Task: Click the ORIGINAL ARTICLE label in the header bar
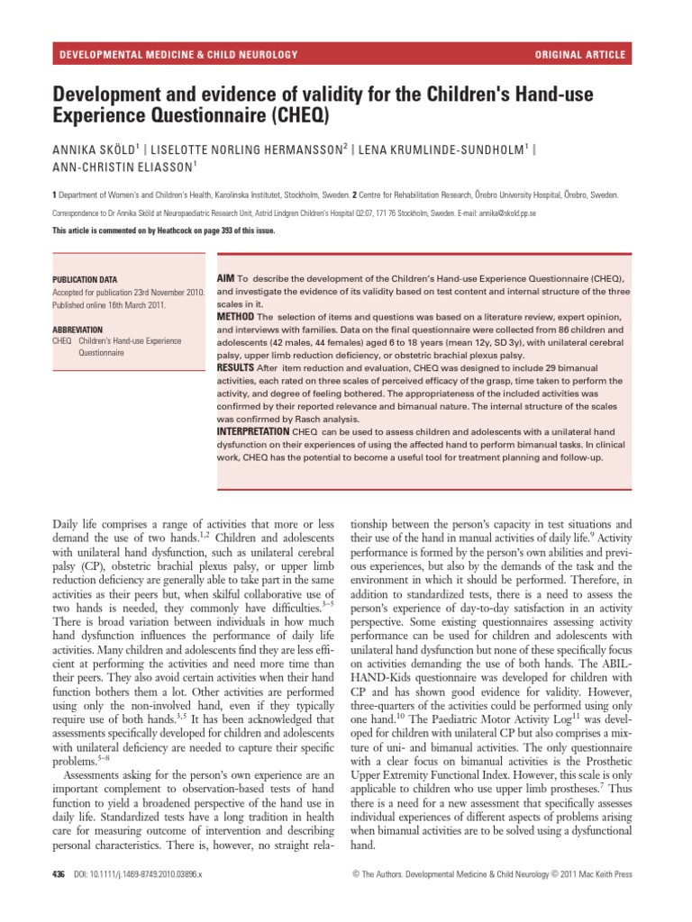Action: [579, 55]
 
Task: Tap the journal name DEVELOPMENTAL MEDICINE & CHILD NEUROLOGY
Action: [178, 55]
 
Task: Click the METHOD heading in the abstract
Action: [235, 317]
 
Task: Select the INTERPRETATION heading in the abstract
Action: [253, 431]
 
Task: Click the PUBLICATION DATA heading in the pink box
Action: [85, 280]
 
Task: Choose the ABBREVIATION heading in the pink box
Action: [77, 330]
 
